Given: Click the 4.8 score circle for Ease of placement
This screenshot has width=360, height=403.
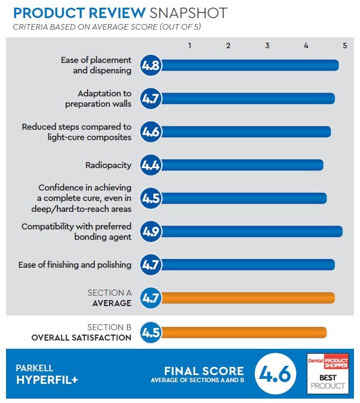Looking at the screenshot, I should point(151,66).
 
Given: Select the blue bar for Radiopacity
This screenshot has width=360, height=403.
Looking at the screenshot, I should point(241,165).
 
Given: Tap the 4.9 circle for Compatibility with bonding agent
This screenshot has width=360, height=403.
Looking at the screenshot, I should point(151,231).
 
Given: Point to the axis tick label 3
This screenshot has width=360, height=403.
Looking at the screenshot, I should point(267,45).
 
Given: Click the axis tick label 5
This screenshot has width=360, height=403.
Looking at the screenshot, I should point(345,45).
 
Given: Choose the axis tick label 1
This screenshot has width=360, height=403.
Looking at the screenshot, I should point(189,45).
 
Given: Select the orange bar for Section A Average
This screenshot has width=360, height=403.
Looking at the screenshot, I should point(247,298).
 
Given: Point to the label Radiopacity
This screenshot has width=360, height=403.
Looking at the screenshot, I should point(108,165).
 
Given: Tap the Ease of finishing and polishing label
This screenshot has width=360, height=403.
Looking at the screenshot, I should point(75,264).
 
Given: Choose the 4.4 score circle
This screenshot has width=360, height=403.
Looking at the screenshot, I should point(151,165).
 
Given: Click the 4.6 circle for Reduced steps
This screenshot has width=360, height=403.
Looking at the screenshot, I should point(151,132).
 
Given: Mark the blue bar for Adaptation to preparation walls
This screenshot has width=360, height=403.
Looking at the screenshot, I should point(247,99).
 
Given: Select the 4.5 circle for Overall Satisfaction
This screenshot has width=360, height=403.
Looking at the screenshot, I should point(151,332).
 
